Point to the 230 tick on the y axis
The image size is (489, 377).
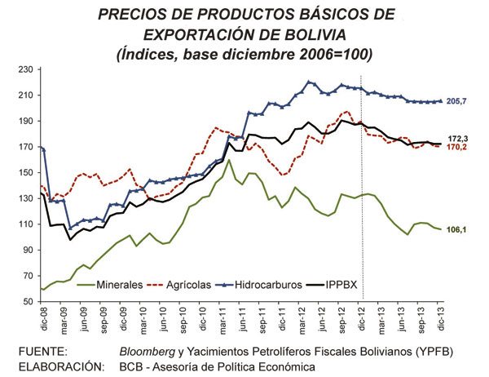point(31,69)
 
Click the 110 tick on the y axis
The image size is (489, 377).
point(31,224)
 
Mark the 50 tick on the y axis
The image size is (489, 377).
point(33,302)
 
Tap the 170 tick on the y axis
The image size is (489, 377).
point(31,147)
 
